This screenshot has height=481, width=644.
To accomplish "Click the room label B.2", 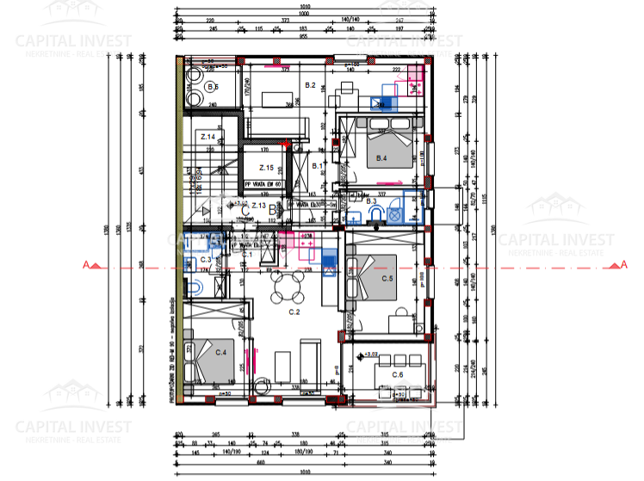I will click(311, 83).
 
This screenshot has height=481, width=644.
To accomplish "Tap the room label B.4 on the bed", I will click(381, 158).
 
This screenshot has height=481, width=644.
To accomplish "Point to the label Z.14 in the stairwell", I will click(207, 137).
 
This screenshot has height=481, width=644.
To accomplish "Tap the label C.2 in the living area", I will click(294, 311).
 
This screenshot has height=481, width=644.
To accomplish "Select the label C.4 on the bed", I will click(220, 351).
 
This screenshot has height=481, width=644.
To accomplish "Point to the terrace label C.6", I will click(398, 374).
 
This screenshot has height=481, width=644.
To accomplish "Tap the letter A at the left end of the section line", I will click(84, 265).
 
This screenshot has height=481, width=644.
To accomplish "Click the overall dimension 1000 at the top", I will click(303, 13).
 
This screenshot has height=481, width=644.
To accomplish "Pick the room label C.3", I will click(205, 259).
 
